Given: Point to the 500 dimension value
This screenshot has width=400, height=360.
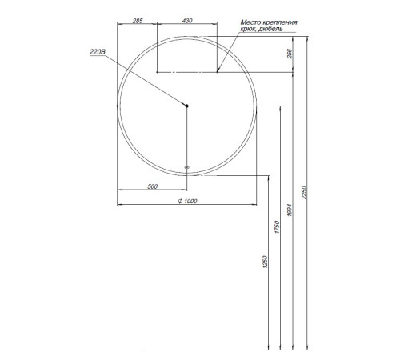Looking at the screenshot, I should click(152, 186).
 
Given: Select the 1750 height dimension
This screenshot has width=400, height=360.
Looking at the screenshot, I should click(277, 228).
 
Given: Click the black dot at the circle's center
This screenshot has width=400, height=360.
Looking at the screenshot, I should click(186, 106).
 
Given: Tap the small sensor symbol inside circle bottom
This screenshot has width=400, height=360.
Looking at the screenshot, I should click(186, 167).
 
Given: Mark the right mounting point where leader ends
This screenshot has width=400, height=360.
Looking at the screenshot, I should click(217, 73).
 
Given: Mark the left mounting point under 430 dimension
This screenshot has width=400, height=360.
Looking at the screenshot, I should click(157, 73).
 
